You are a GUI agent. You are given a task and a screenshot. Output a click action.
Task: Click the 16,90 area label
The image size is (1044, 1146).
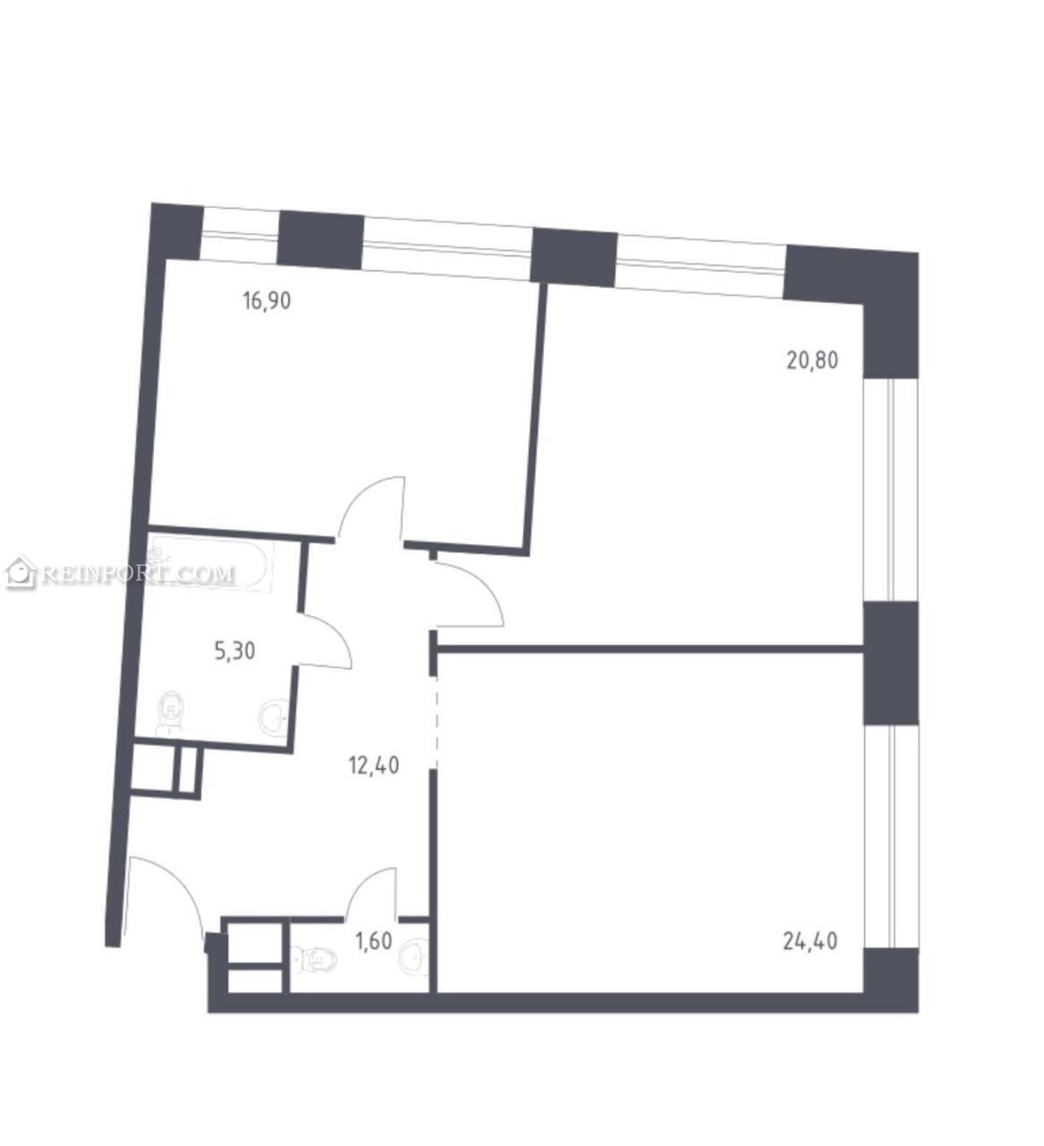(267, 300)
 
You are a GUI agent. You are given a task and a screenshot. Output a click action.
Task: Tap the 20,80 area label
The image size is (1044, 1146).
(812, 361)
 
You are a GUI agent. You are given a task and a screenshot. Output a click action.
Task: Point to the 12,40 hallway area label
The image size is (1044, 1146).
(373, 765)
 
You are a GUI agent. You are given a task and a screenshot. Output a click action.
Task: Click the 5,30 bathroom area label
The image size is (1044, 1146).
(235, 650)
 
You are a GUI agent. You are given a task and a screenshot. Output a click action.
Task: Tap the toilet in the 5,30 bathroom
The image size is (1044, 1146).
(171, 713)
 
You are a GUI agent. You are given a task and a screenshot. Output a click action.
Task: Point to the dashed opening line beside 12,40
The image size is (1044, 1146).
(436, 723)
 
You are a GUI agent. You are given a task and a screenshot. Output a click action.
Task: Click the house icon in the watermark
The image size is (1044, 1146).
(21, 572)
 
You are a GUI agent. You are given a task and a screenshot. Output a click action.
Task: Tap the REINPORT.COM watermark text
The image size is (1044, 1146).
(139, 573)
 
